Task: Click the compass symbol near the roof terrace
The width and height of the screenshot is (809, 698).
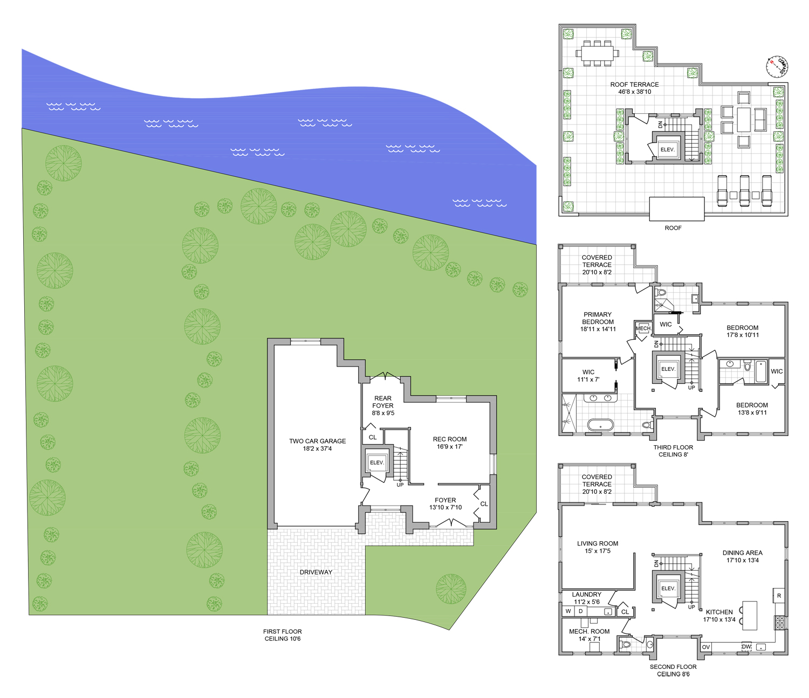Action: click(x=777, y=67)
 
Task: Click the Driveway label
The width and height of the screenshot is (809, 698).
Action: click(x=316, y=572)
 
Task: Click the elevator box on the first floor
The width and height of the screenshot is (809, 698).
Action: click(x=376, y=462)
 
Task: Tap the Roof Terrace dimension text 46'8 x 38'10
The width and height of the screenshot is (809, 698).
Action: click(x=634, y=92)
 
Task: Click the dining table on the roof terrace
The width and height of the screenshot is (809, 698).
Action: click(x=597, y=53)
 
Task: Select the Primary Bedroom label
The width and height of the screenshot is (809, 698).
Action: click(x=598, y=322)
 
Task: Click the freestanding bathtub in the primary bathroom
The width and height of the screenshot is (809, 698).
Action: click(x=600, y=425)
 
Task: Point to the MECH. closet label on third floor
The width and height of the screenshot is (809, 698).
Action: click(x=643, y=328)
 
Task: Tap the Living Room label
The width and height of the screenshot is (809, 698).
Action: click(x=598, y=543)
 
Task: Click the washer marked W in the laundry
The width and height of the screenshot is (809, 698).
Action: click(x=568, y=611)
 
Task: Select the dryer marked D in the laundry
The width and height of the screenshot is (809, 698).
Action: click(x=581, y=611)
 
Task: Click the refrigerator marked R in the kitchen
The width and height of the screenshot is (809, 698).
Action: click(x=778, y=596)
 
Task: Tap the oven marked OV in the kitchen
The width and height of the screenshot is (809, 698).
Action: click(x=706, y=647)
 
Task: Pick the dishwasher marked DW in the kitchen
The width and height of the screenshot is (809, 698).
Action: click(x=746, y=647)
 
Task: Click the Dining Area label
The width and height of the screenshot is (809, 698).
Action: click(x=742, y=552)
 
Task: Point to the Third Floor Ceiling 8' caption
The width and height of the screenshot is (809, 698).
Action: click(x=673, y=451)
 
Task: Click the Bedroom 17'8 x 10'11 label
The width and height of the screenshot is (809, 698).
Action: click(x=742, y=331)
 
